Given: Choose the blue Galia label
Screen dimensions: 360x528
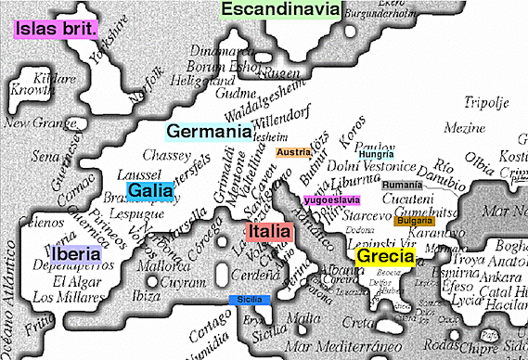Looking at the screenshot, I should (147, 190).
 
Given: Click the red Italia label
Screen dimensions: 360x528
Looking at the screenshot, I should (269, 231).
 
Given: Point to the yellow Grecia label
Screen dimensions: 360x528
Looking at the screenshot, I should (384, 257).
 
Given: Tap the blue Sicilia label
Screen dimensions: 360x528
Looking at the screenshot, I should (250, 300).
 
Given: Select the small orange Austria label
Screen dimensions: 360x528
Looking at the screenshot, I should (293, 152).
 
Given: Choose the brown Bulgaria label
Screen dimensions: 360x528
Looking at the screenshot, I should (414, 222).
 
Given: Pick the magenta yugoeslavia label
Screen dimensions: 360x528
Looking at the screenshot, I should (331, 200).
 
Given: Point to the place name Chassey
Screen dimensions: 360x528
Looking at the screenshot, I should (167, 155).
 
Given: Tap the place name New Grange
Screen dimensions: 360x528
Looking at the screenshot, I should (31, 122).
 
